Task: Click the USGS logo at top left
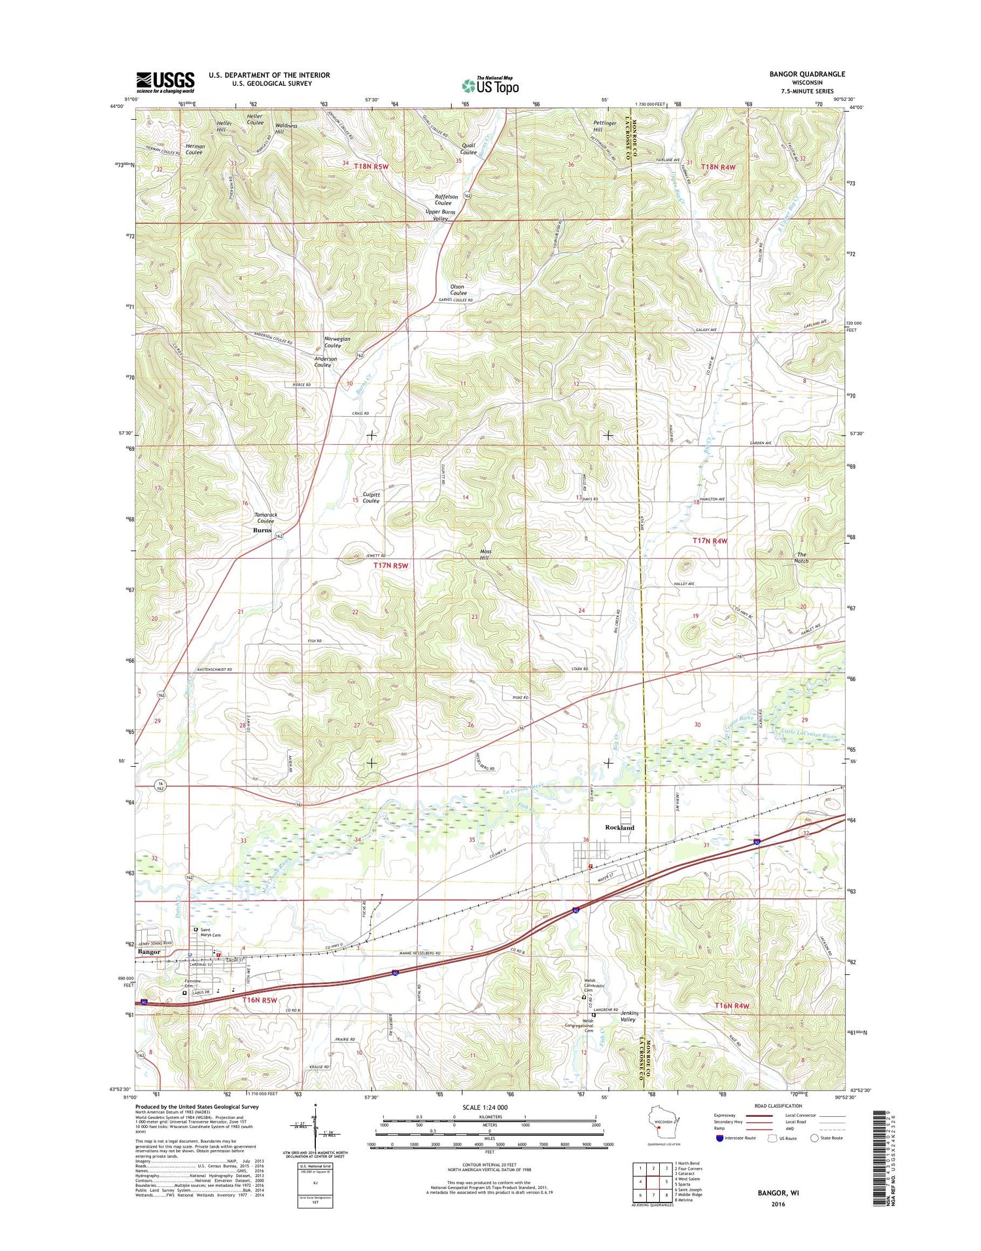[x=165, y=82]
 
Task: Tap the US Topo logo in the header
[x=490, y=86]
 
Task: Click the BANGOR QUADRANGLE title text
[x=806, y=74]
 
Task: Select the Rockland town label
[x=619, y=828]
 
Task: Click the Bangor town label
[x=149, y=952]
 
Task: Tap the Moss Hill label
[x=485, y=555]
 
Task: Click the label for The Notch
[x=802, y=557]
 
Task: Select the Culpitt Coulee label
[x=371, y=498]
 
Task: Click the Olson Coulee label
[x=458, y=290]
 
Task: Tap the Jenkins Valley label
[x=628, y=1016]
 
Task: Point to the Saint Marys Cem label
[x=210, y=932]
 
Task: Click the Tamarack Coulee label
[x=266, y=518]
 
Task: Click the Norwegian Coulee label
[x=337, y=342]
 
